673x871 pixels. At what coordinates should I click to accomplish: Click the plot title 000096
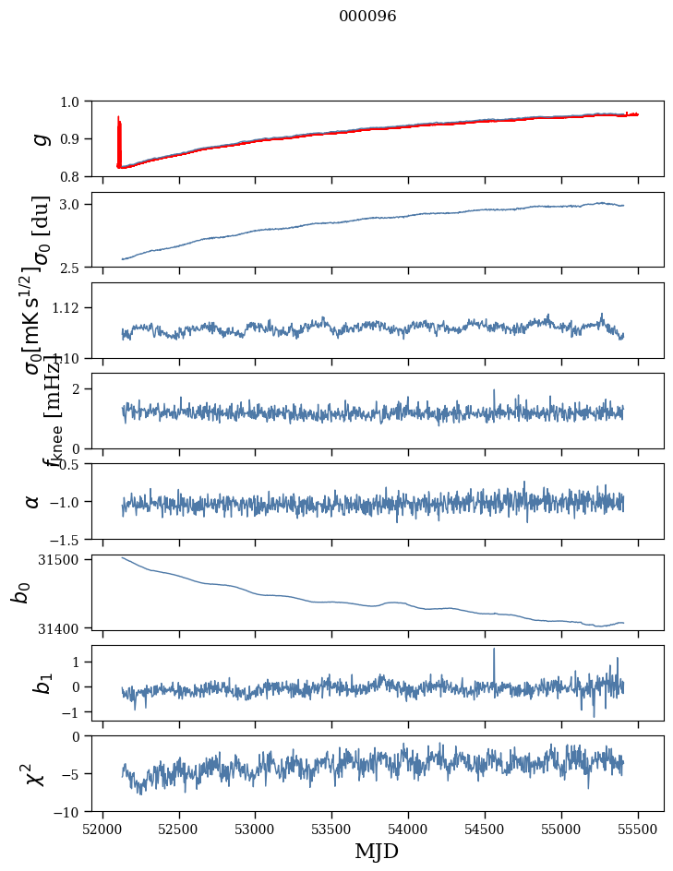367,17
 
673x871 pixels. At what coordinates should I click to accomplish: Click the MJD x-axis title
377,852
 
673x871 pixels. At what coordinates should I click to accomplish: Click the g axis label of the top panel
40,138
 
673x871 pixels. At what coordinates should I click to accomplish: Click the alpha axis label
33,501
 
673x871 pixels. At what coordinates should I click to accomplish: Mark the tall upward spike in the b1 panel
494,650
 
